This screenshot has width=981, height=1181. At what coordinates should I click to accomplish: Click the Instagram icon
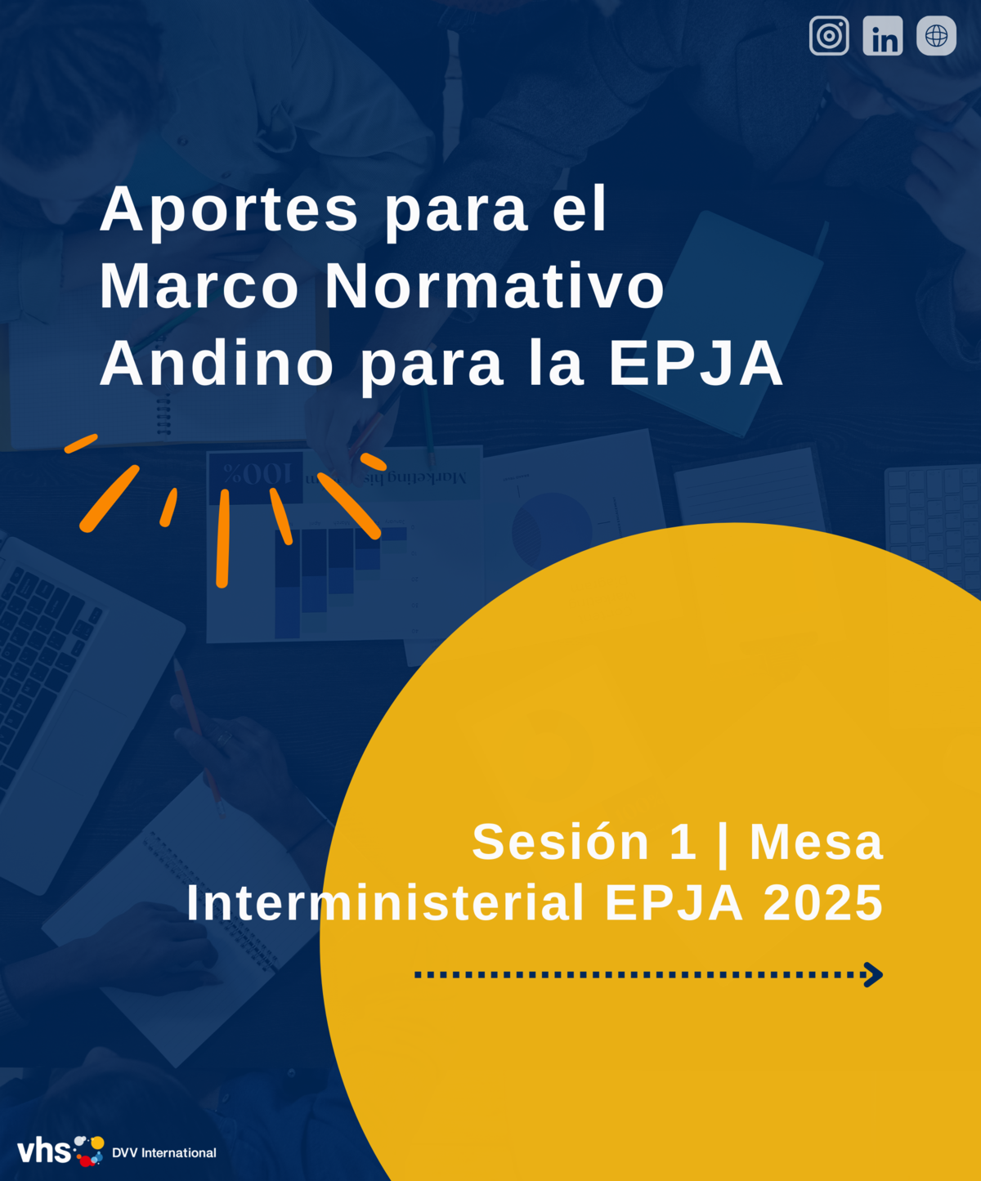tap(829, 36)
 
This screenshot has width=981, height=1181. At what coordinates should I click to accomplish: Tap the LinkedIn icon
tap(883, 36)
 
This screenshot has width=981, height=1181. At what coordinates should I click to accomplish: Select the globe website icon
tap(936, 36)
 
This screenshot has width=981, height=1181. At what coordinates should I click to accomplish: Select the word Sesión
tap(561, 842)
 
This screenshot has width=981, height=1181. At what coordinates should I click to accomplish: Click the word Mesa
tap(817, 843)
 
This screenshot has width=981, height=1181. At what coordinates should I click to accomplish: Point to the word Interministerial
tap(385, 903)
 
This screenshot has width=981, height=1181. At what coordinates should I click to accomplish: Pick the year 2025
tap(823, 903)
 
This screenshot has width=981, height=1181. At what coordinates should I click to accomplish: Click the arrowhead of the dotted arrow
tap(874, 974)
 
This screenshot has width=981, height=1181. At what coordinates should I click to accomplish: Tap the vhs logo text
tap(43, 1151)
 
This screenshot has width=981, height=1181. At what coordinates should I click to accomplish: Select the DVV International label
tap(164, 1152)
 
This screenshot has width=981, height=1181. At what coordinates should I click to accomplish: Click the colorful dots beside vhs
tap(89, 1151)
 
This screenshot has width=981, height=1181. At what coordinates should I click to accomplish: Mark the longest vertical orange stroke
tap(223, 539)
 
